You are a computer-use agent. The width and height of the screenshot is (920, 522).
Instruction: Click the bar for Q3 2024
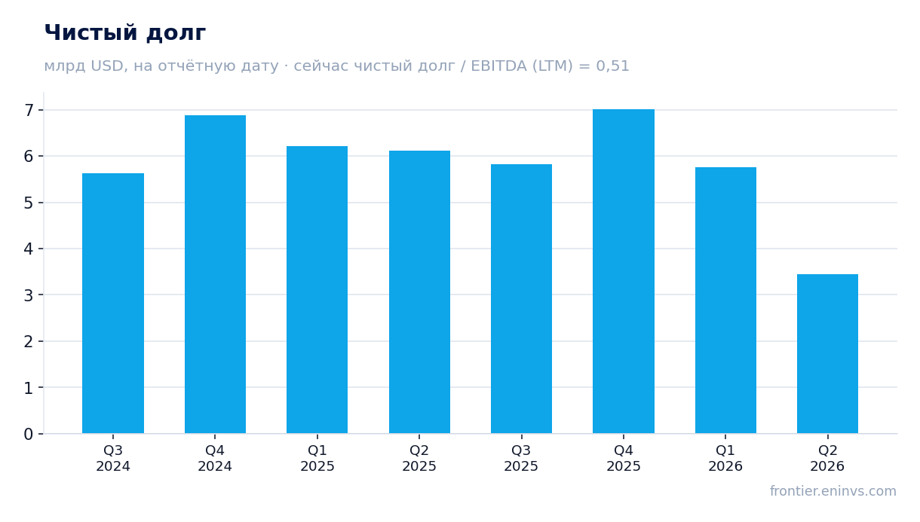click(113, 304)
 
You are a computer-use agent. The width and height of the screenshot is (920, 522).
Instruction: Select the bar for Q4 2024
click(215, 274)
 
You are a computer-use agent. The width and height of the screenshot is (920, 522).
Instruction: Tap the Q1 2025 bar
click(317, 290)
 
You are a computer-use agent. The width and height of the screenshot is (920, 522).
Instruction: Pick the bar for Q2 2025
click(419, 292)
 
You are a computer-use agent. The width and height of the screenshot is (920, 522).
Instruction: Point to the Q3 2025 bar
click(521, 299)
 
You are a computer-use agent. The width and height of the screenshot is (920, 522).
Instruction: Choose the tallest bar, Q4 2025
click(624, 271)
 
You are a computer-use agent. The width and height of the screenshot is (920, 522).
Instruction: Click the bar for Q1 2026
click(725, 301)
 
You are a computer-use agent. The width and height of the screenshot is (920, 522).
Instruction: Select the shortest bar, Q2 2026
click(827, 354)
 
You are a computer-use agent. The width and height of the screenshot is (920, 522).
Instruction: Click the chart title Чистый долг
click(125, 33)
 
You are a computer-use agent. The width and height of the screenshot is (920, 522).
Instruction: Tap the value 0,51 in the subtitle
click(612, 66)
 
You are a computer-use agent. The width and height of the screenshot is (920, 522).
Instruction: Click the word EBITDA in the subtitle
click(498, 66)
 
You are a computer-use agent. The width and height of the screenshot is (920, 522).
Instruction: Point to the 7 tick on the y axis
click(29, 110)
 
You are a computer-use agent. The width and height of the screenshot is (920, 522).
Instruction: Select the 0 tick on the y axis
click(29, 434)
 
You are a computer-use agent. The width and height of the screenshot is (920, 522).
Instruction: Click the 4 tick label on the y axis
click(29, 249)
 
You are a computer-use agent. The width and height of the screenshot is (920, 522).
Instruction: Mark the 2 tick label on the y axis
click(29, 341)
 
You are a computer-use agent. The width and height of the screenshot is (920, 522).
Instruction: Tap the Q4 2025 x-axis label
click(624, 459)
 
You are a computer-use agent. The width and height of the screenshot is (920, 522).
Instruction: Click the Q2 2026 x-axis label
click(827, 459)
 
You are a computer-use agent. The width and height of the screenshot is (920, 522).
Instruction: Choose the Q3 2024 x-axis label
click(113, 459)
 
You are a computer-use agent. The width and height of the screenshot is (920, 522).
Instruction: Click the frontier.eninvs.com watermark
click(833, 491)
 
